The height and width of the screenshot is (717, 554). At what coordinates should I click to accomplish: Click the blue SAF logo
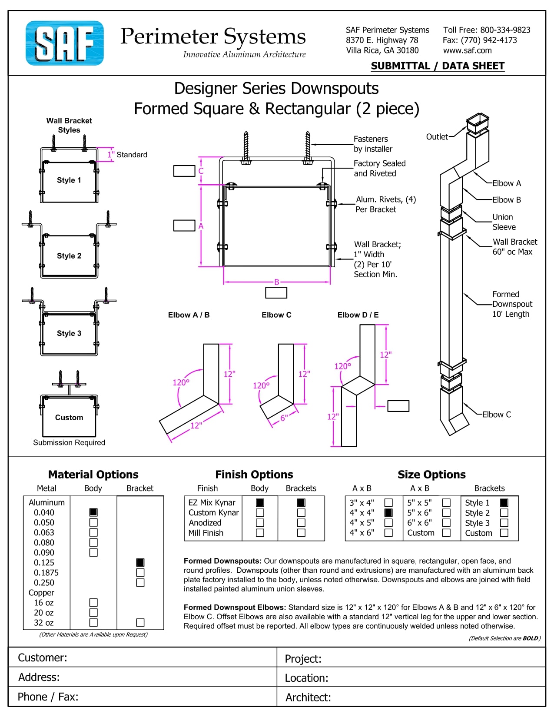[x=64, y=43]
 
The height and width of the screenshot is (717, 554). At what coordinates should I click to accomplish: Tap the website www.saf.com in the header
[x=467, y=50]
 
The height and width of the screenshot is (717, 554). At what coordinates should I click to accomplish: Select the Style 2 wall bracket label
[x=69, y=256]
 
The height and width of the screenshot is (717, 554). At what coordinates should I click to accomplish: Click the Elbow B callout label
[x=506, y=200]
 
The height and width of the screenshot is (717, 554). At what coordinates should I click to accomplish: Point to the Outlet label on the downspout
[x=437, y=137]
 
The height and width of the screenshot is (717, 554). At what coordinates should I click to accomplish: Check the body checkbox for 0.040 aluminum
[x=93, y=512]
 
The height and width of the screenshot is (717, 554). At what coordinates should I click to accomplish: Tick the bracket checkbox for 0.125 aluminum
[x=140, y=563]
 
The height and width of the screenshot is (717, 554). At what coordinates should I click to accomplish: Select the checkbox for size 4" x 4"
[x=388, y=513]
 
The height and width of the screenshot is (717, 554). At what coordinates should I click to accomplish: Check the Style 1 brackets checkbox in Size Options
[x=504, y=503]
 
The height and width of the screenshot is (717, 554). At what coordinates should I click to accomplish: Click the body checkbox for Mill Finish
[x=260, y=533]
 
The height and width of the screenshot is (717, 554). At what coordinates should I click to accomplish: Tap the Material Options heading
[x=93, y=475]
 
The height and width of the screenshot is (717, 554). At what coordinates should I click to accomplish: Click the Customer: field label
[x=43, y=657]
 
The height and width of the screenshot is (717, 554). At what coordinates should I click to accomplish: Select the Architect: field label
[x=308, y=697]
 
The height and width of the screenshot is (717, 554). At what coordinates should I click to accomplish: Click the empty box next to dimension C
[x=184, y=171]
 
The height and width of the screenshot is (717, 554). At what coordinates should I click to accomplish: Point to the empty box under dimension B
[x=276, y=293]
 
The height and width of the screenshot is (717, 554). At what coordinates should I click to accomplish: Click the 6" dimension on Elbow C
[x=284, y=418]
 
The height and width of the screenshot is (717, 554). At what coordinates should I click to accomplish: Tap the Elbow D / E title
[x=358, y=315]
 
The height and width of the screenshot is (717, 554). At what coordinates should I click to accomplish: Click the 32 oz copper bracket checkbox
[x=140, y=623]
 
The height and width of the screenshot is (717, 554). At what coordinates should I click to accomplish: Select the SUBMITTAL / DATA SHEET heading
[x=438, y=66]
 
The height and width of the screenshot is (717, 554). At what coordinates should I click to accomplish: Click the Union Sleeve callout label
[x=504, y=222]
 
